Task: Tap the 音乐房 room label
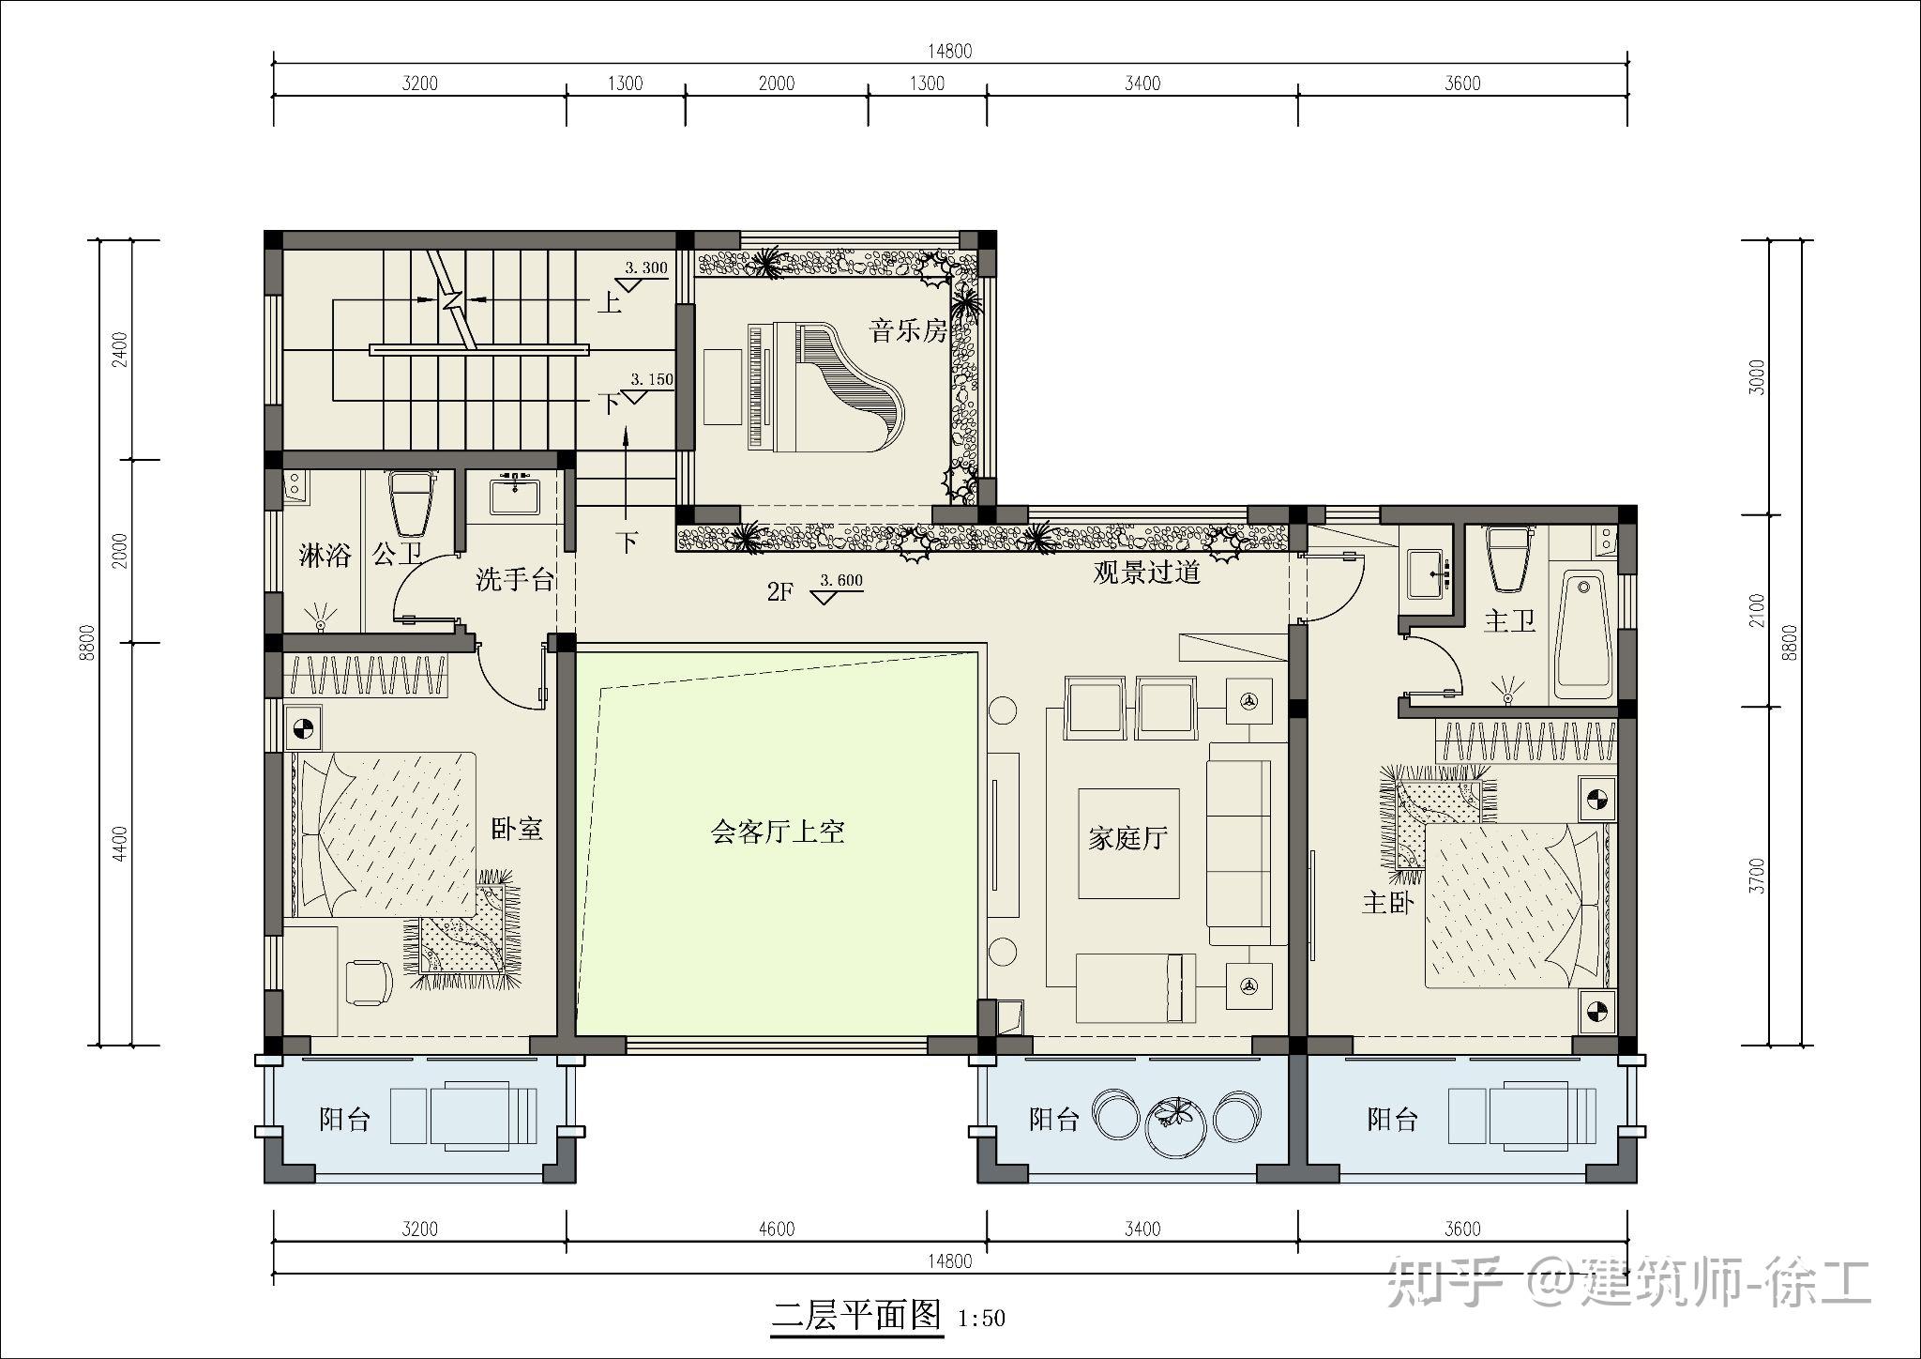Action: (x=909, y=330)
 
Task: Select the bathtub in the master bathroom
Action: (x=1583, y=637)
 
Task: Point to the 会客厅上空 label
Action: (x=778, y=832)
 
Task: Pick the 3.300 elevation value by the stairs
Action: (x=646, y=268)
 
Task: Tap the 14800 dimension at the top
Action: (x=949, y=52)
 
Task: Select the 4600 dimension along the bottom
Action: (x=776, y=1229)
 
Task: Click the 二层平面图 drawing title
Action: (x=855, y=1316)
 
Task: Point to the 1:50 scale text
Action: (x=981, y=1319)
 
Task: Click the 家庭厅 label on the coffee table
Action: (x=1127, y=837)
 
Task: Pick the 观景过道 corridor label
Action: (x=1147, y=573)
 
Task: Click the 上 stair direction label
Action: (x=610, y=302)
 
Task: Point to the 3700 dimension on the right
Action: (x=1758, y=875)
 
